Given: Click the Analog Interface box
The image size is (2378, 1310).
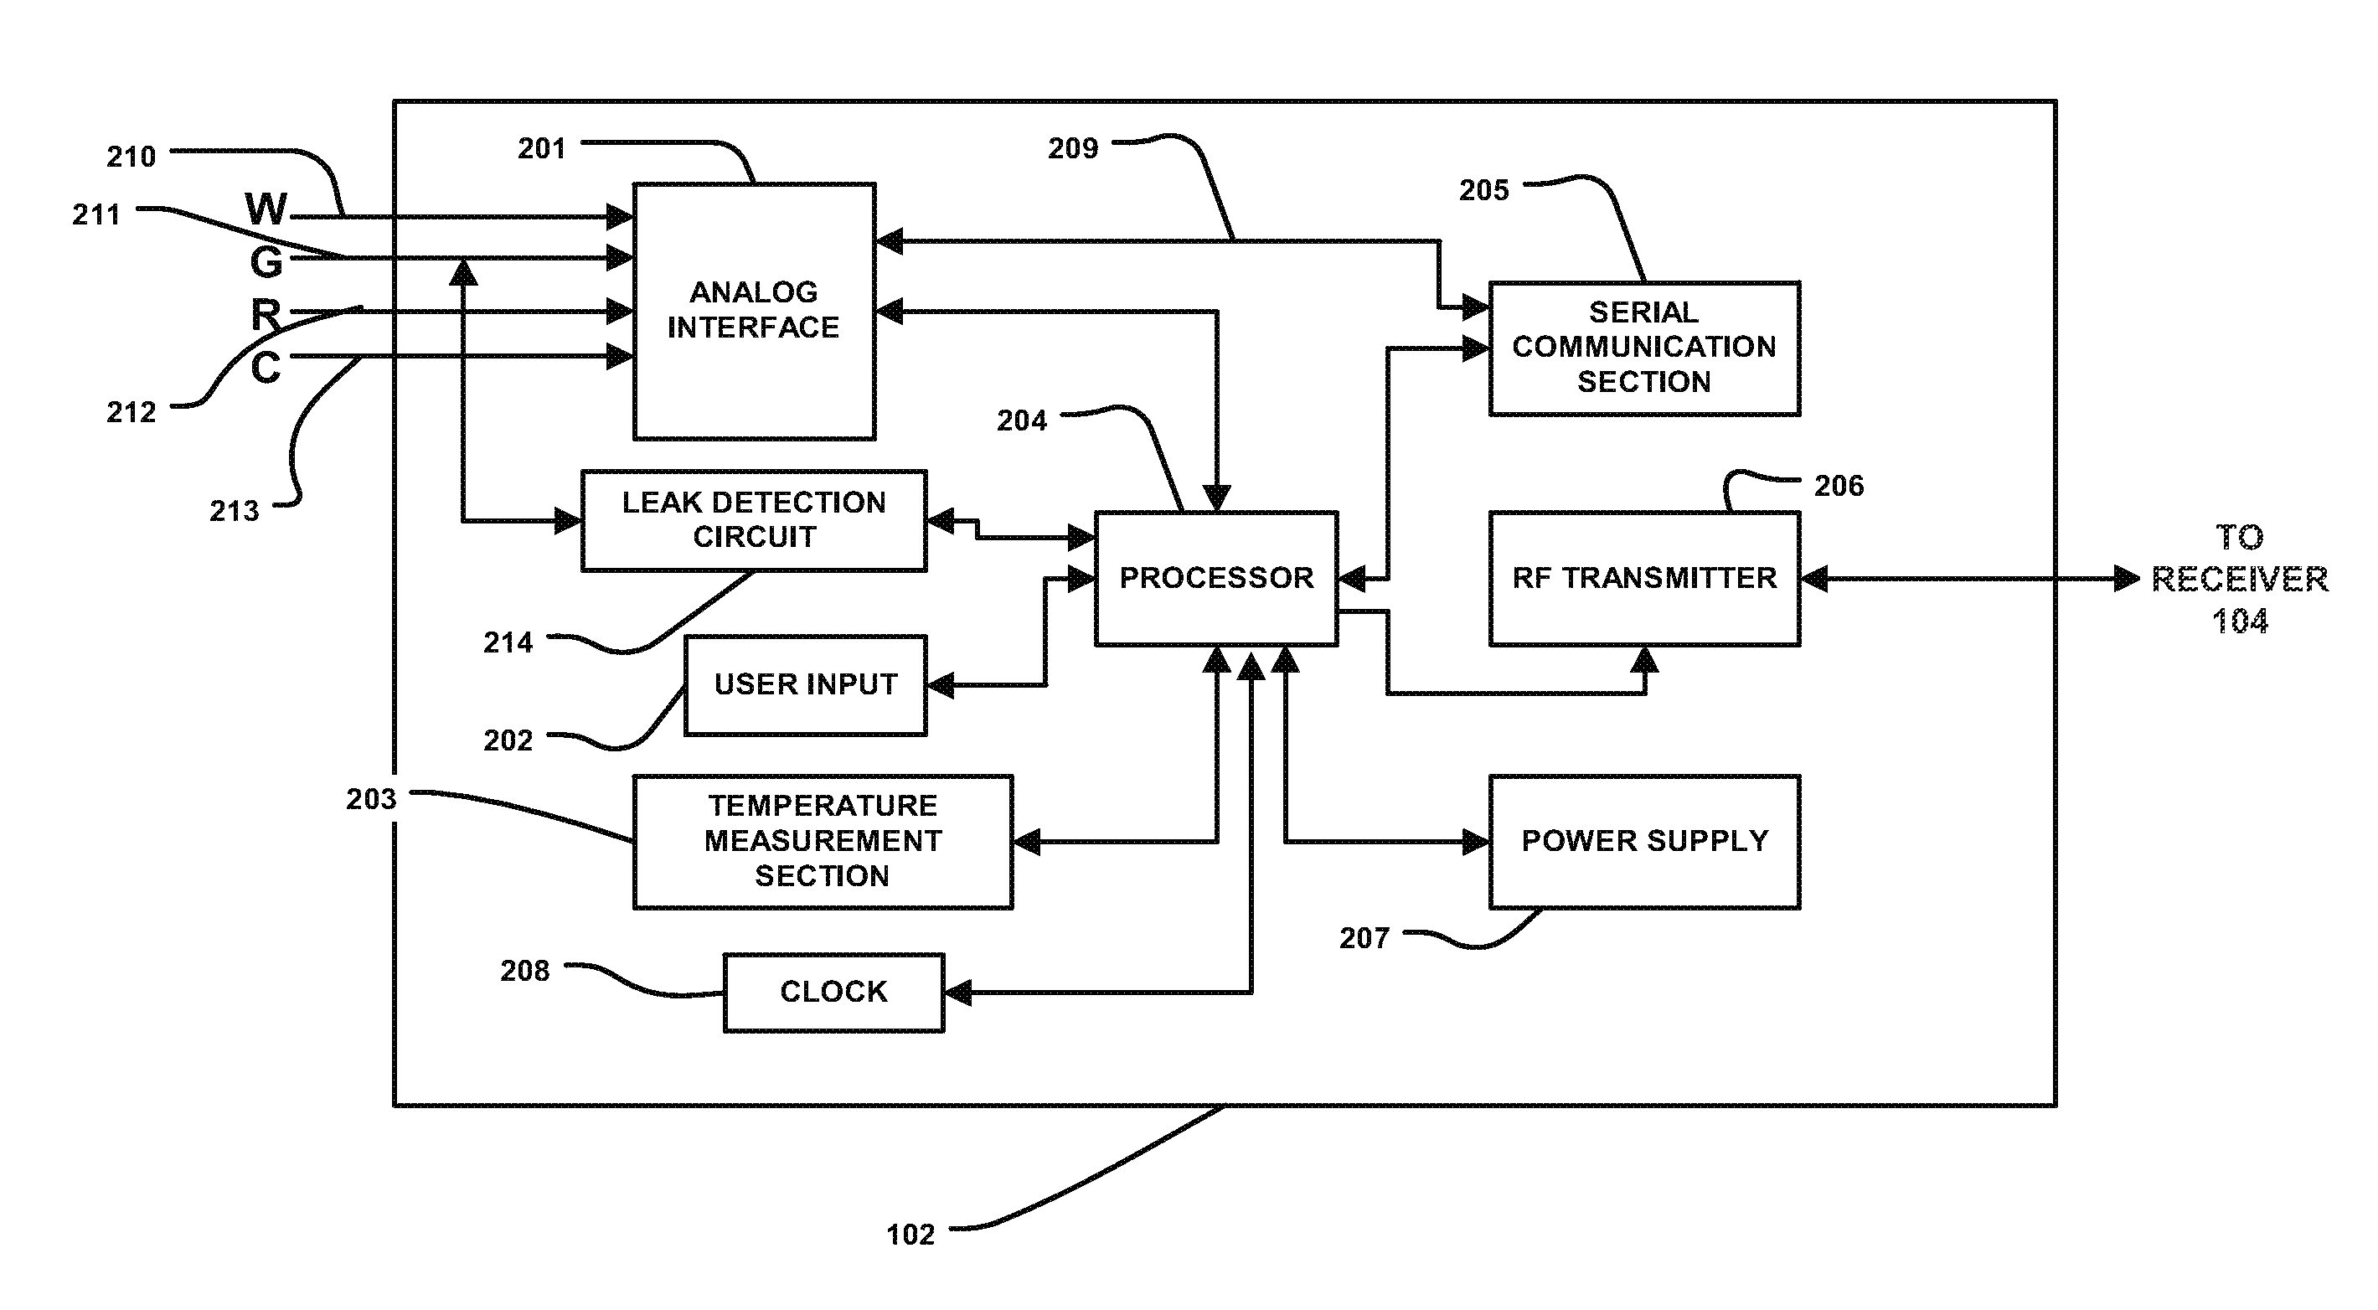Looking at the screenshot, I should [753, 310].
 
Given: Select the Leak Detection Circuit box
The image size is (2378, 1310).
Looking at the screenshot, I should [753, 520].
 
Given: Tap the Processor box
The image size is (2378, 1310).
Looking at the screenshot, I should [1215, 578].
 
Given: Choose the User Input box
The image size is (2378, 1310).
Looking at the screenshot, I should [805, 684].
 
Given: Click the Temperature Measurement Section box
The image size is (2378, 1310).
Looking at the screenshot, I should [823, 841].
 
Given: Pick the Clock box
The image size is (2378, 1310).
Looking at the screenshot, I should [833, 992].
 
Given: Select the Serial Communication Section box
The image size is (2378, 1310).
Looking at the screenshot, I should [1644, 348].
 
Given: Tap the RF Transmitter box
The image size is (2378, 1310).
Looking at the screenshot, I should [1644, 578].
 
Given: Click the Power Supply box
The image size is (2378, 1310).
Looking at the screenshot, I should [1644, 841].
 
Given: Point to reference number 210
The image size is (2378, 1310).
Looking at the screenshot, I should [131, 157].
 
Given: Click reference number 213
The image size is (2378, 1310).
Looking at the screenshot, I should [235, 511].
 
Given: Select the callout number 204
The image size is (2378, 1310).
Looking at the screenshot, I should [1022, 421].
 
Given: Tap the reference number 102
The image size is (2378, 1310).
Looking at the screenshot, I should [910, 1235].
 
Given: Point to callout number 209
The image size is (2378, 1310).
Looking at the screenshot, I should [1073, 148].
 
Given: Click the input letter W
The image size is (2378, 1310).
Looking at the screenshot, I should [266, 209].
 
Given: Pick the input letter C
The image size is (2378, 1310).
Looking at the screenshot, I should [266, 368].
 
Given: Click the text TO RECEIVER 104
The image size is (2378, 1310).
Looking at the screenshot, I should [2240, 579].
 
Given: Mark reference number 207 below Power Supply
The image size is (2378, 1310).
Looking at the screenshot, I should [1364, 939].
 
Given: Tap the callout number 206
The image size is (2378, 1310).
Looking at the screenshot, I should [1839, 486].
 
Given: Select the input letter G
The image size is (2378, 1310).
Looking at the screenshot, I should [266, 263].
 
